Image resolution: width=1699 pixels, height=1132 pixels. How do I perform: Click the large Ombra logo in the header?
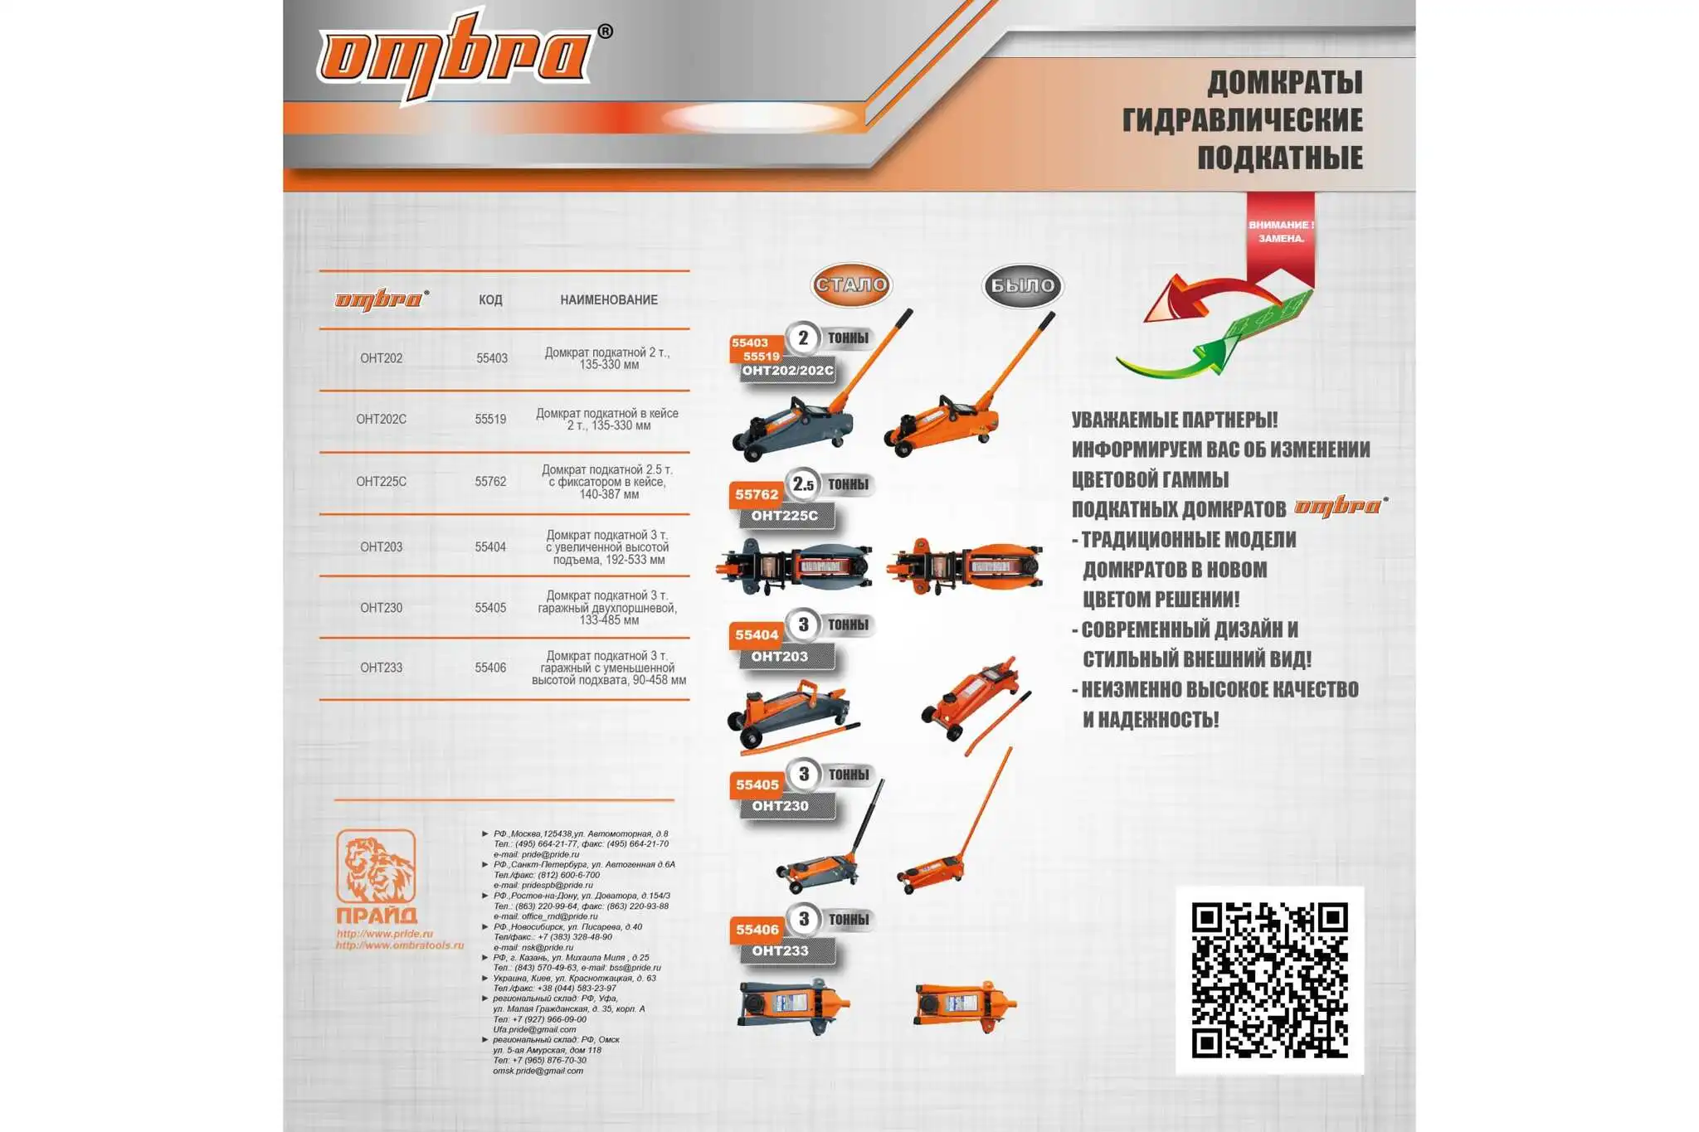pyautogui.click(x=456, y=55)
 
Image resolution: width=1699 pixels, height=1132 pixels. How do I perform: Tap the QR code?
pyautogui.click(x=1269, y=980)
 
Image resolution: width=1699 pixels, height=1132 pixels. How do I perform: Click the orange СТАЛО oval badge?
pyautogui.click(x=851, y=285)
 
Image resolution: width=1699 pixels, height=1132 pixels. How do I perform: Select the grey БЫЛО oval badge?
pyautogui.click(x=1022, y=286)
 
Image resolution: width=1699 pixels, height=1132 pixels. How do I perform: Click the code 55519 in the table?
pyautogui.click(x=490, y=420)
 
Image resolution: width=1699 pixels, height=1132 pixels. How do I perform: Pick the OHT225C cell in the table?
pyautogui.click(x=381, y=482)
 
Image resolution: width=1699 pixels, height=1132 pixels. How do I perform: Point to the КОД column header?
pyautogui.click(x=490, y=300)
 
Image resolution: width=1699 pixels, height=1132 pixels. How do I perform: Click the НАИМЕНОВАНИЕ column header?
pyautogui.click(x=608, y=300)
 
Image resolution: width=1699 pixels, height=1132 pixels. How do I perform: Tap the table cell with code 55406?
pyautogui.click(x=490, y=668)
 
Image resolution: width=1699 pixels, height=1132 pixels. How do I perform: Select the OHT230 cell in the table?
pyautogui.click(x=381, y=608)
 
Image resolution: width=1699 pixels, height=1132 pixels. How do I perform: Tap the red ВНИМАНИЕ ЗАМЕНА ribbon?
pyautogui.click(x=1280, y=233)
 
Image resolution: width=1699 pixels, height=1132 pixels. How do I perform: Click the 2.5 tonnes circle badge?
pyautogui.click(x=803, y=484)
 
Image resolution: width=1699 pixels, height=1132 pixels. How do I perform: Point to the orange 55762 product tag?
pyautogui.click(x=757, y=495)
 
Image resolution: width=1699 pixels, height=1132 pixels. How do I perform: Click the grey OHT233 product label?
pyautogui.click(x=781, y=951)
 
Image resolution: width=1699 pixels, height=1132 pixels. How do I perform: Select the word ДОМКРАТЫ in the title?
pyautogui.click(x=1284, y=83)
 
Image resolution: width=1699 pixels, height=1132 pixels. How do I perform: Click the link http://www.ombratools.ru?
pyautogui.click(x=399, y=945)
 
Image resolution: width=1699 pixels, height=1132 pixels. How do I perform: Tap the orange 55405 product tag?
pyautogui.click(x=757, y=785)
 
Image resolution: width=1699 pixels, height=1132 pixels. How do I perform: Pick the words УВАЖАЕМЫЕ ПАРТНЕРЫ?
pyautogui.click(x=1174, y=420)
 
